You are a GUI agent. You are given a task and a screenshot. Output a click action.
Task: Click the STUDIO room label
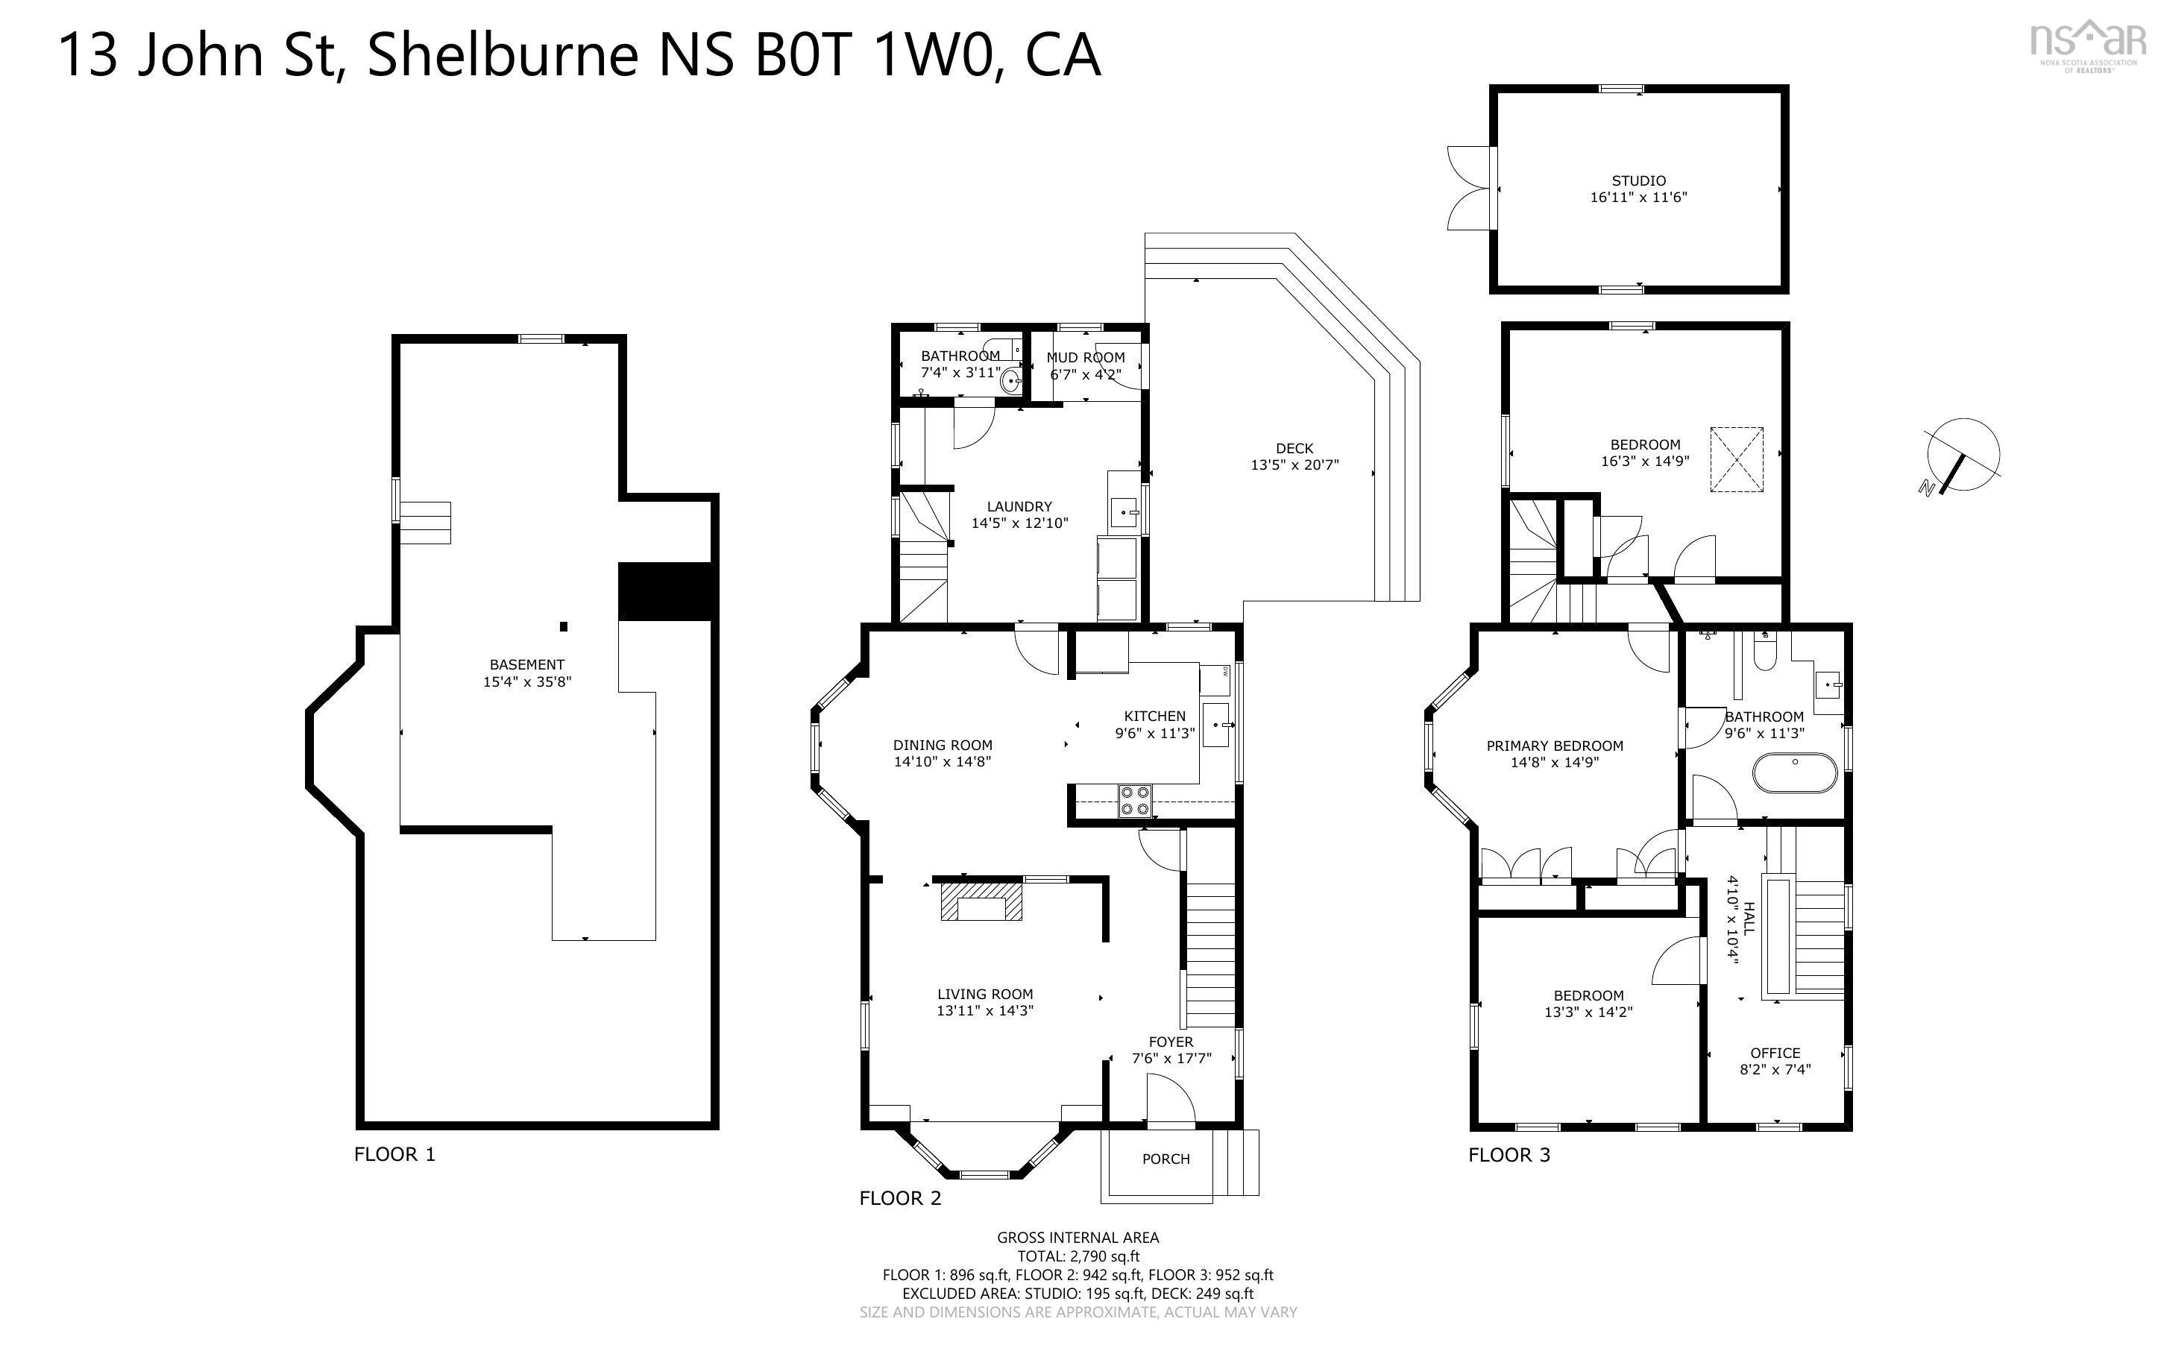pos(1638,181)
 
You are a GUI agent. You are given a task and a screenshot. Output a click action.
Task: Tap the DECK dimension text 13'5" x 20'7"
pos(1295,465)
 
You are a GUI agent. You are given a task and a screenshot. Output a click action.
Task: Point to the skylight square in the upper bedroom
pos(1737,459)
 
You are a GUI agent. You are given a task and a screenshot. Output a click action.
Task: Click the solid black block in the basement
pos(665,591)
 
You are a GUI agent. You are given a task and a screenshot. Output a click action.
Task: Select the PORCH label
pos(1166,1159)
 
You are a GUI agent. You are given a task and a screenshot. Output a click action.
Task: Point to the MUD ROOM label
pos(1086,358)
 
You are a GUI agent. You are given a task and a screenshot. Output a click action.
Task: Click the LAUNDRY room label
pos(1019,506)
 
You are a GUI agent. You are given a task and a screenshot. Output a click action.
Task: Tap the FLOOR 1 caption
pos(395,1155)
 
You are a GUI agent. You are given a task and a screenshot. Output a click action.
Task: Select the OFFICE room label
pos(1775,1053)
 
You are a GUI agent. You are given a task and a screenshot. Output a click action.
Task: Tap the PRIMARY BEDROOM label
pos(1555,746)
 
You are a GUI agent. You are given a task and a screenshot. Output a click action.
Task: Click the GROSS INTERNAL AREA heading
pos(1078,1238)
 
